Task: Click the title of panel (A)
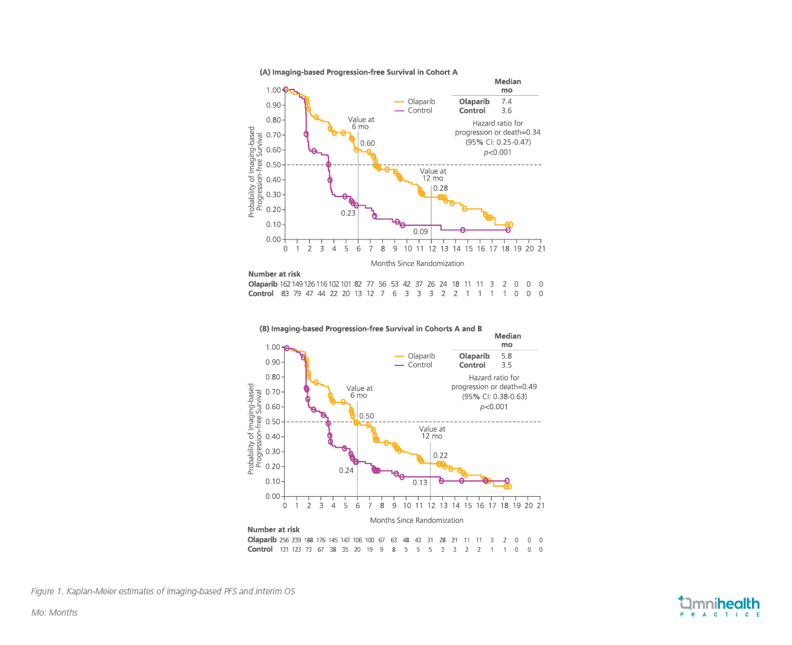358,72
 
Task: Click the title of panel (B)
370,328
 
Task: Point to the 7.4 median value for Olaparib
506,101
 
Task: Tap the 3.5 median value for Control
506,365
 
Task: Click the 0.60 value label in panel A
367,143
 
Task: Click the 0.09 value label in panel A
420,231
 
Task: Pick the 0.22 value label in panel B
440,455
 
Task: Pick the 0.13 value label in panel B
420,482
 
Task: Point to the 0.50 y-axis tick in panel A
273,165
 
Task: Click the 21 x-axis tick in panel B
541,505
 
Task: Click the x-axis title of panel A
417,263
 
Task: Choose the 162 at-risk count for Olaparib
285,284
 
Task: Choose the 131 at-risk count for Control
284,549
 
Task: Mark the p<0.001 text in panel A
497,152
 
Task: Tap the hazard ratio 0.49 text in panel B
494,387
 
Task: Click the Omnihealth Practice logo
719,606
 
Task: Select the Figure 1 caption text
163,591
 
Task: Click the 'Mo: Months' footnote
54,612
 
